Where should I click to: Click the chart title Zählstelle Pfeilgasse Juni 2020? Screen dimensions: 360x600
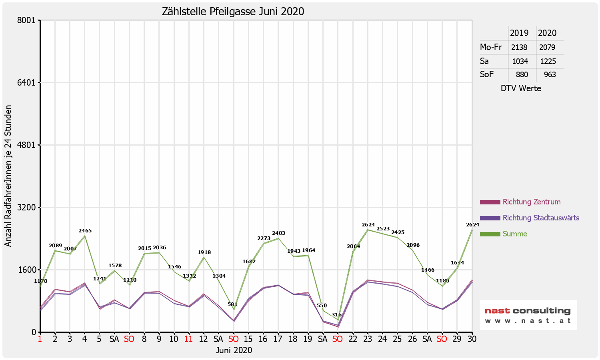pyautogui.click(x=233, y=11)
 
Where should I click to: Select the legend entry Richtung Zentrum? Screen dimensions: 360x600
pyautogui.click(x=531, y=202)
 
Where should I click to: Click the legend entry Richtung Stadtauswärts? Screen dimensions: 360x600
pyautogui.click(x=541, y=218)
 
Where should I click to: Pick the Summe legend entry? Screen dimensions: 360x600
pyautogui.click(x=515, y=234)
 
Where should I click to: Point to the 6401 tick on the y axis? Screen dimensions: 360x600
pyautogui.click(x=28, y=83)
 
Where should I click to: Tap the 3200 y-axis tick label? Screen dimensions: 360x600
pyautogui.click(x=28, y=208)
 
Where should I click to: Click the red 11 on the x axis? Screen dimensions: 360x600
pyautogui.click(x=188, y=339)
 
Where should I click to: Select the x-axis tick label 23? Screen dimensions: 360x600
pyautogui.click(x=367, y=339)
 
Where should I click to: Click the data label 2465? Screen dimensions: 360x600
pyautogui.click(x=85, y=231)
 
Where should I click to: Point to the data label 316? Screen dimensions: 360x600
pyautogui.click(x=337, y=315)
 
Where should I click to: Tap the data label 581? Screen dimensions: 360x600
pyautogui.click(x=233, y=304)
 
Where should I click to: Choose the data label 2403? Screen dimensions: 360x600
pyautogui.click(x=279, y=233)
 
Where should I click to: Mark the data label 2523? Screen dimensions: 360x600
pyautogui.click(x=383, y=229)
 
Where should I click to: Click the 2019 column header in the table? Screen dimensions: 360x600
pyautogui.click(x=519, y=33)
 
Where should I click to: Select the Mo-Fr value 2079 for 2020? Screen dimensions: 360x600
pyautogui.click(x=547, y=47)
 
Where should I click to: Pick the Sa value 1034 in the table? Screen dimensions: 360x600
pyautogui.click(x=520, y=61)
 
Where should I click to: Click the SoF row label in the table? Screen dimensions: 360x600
pyautogui.click(x=487, y=74)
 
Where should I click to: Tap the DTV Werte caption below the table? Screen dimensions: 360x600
pyautogui.click(x=521, y=88)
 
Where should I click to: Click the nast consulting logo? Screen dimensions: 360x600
pyautogui.click(x=528, y=315)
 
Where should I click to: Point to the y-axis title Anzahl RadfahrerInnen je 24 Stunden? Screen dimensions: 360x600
pyautogui.click(x=8, y=176)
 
